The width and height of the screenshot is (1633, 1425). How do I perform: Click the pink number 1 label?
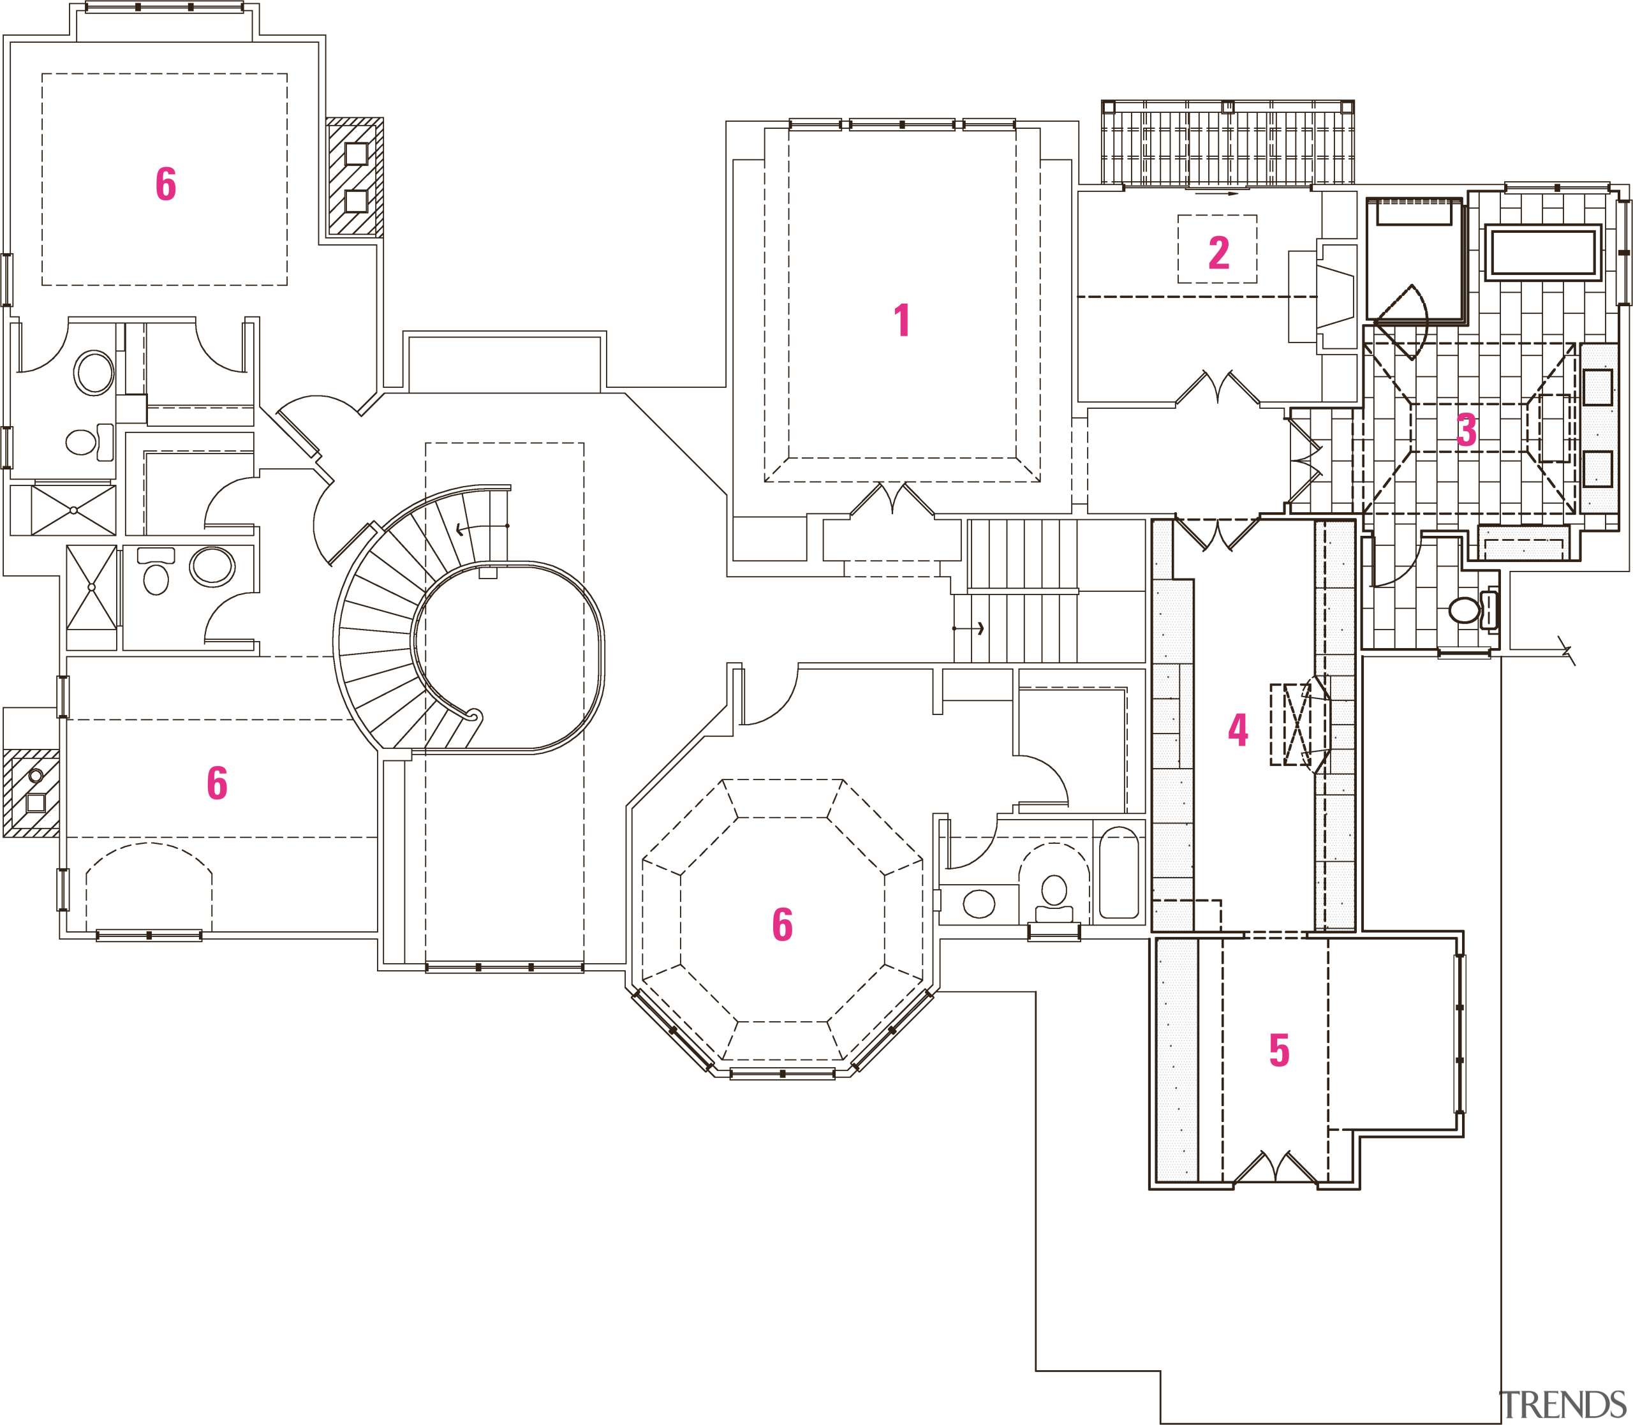[x=901, y=320]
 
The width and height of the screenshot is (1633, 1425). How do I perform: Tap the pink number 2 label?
[x=1218, y=253]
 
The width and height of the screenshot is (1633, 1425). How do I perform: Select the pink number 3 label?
[x=1466, y=430]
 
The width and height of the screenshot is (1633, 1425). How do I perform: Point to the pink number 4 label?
[x=1238, y=729]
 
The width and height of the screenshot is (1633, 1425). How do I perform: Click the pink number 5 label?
[x=1278, y=1050]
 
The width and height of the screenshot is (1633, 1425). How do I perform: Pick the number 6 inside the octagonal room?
[x=782, y=924]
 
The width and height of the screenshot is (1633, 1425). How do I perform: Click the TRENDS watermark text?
[x=1562, y=1405]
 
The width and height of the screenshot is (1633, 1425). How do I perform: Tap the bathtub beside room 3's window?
[x=1542, y=253]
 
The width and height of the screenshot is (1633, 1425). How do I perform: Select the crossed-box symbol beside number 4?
[x=1290, y=725]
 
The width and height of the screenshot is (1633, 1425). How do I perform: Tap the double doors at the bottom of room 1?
[x=892, y=501]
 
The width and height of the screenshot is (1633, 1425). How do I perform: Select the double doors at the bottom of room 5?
[x=1275, y=1167]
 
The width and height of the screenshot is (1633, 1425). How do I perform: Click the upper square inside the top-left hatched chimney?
[x=355, y=154]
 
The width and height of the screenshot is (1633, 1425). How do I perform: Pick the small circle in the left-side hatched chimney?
[x=36, y=775]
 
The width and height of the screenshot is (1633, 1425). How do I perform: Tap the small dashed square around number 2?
[x=1217, y=249]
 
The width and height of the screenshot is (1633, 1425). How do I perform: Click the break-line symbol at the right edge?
[x=1566, y=651]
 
